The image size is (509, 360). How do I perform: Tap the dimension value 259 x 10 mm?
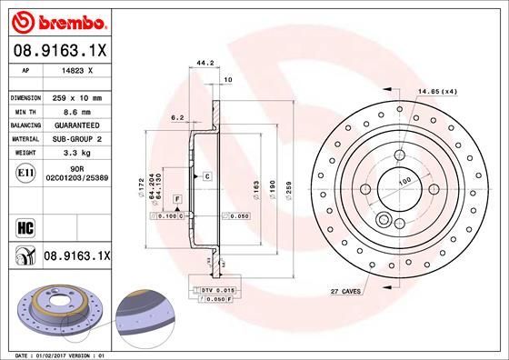(76, 96)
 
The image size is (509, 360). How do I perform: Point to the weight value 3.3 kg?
(75, 154)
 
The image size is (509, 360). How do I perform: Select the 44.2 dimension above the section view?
(205, 64)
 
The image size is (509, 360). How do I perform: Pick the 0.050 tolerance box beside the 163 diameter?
(238, 216)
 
